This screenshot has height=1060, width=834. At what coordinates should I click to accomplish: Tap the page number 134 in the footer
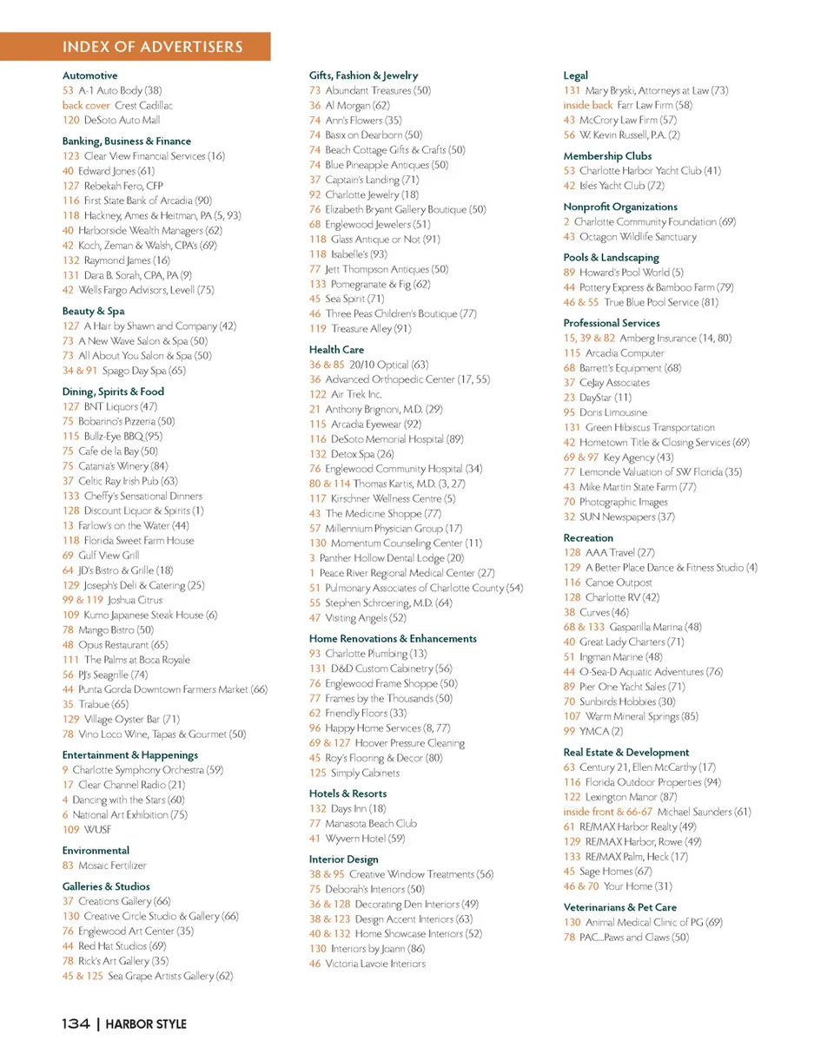[76, 1024]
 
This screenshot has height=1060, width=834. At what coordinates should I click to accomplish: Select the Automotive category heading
[89, 76]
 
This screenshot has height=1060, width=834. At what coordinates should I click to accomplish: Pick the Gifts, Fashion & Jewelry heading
[363, 76]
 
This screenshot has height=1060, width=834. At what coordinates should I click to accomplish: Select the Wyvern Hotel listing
[364, 838]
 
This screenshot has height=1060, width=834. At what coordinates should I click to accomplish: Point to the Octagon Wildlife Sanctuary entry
[636, 236]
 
